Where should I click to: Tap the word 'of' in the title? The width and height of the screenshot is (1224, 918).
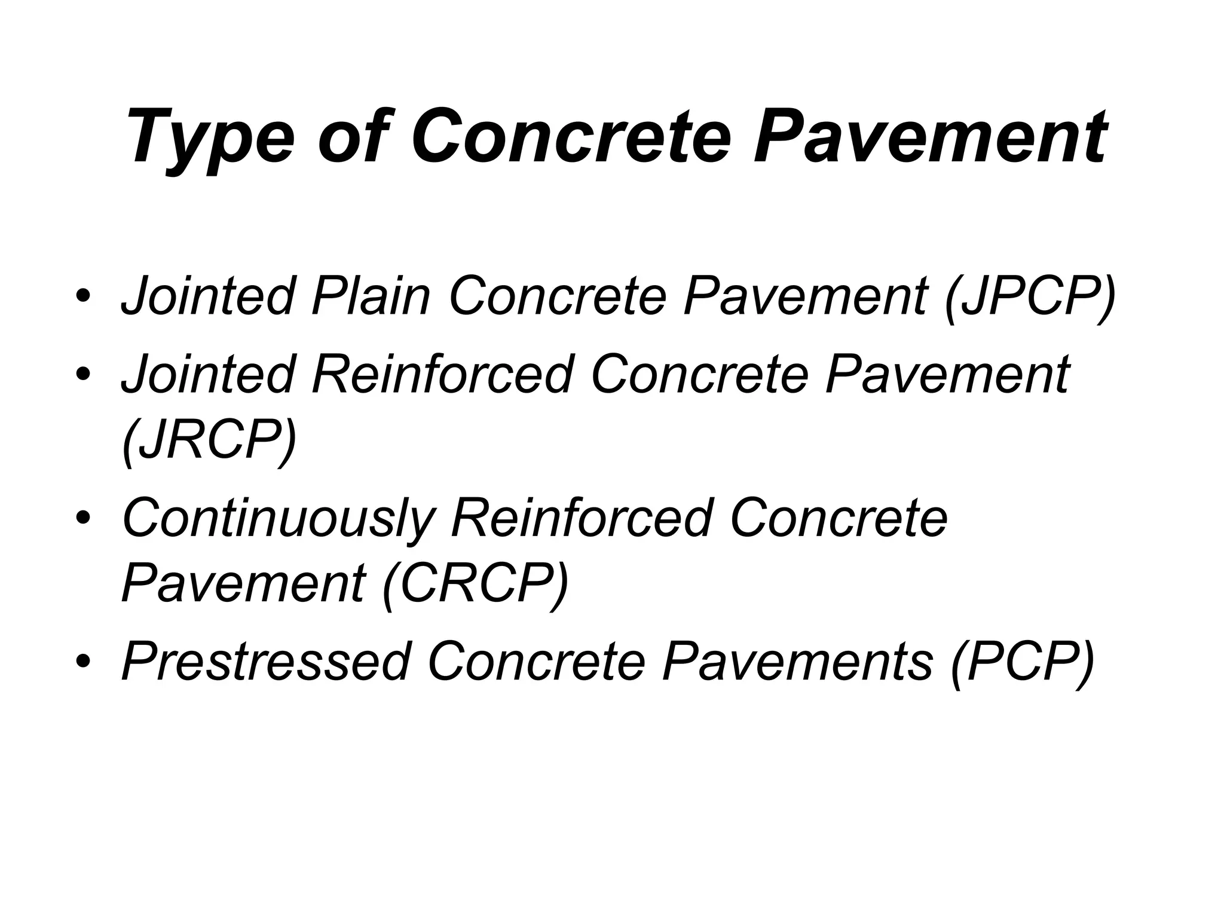(353, 137)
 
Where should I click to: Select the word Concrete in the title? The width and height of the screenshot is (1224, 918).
(571, 137)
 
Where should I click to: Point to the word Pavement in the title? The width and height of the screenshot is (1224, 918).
(929, 137)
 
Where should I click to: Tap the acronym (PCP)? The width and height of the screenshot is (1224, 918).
(1022, 662)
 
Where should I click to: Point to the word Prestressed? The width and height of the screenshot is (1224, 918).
(266, 661)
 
